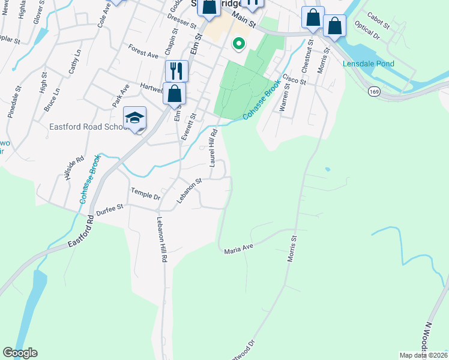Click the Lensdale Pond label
[369, 64]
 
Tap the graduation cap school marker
[135, 116]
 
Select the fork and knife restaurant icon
[176, 71]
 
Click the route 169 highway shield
[375, 92]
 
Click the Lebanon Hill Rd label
[162, 239]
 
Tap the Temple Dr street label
[146, 193]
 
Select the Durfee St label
[111, 207]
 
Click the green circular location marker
[238, 43]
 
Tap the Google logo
[20, 353]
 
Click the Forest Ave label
[143, 51]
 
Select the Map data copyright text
[423, 355]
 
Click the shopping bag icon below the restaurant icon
[174, 94]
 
